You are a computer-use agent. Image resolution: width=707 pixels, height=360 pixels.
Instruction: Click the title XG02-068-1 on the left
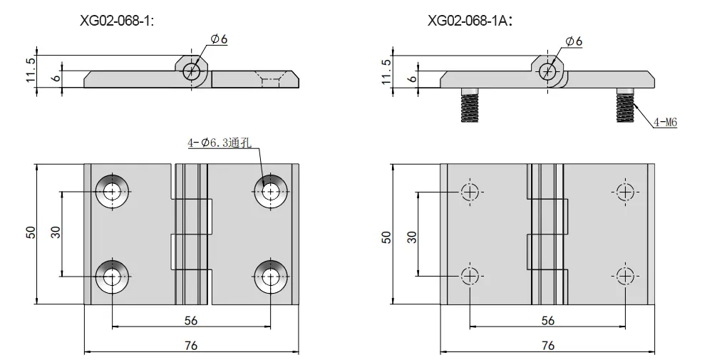[117, 21]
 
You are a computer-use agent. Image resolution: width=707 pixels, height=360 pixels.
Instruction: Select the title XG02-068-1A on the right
[470, 21]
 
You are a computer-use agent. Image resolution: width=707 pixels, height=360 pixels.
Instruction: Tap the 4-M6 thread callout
[665, 121]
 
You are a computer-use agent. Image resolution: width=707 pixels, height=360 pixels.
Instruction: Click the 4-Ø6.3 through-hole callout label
[220, 143]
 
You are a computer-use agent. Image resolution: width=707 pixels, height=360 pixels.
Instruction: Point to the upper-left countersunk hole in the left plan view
[112, 191]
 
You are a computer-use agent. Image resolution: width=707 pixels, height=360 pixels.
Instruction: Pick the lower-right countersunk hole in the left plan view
[271, 276]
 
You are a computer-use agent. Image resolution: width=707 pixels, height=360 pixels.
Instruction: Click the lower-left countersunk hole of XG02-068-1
[112, 276]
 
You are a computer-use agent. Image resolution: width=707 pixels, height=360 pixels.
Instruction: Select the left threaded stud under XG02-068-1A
[470, 105]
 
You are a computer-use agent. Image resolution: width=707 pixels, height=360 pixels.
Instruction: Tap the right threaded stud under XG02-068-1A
[625, 105]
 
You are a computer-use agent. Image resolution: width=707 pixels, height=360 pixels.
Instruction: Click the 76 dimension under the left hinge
[191, 345]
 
